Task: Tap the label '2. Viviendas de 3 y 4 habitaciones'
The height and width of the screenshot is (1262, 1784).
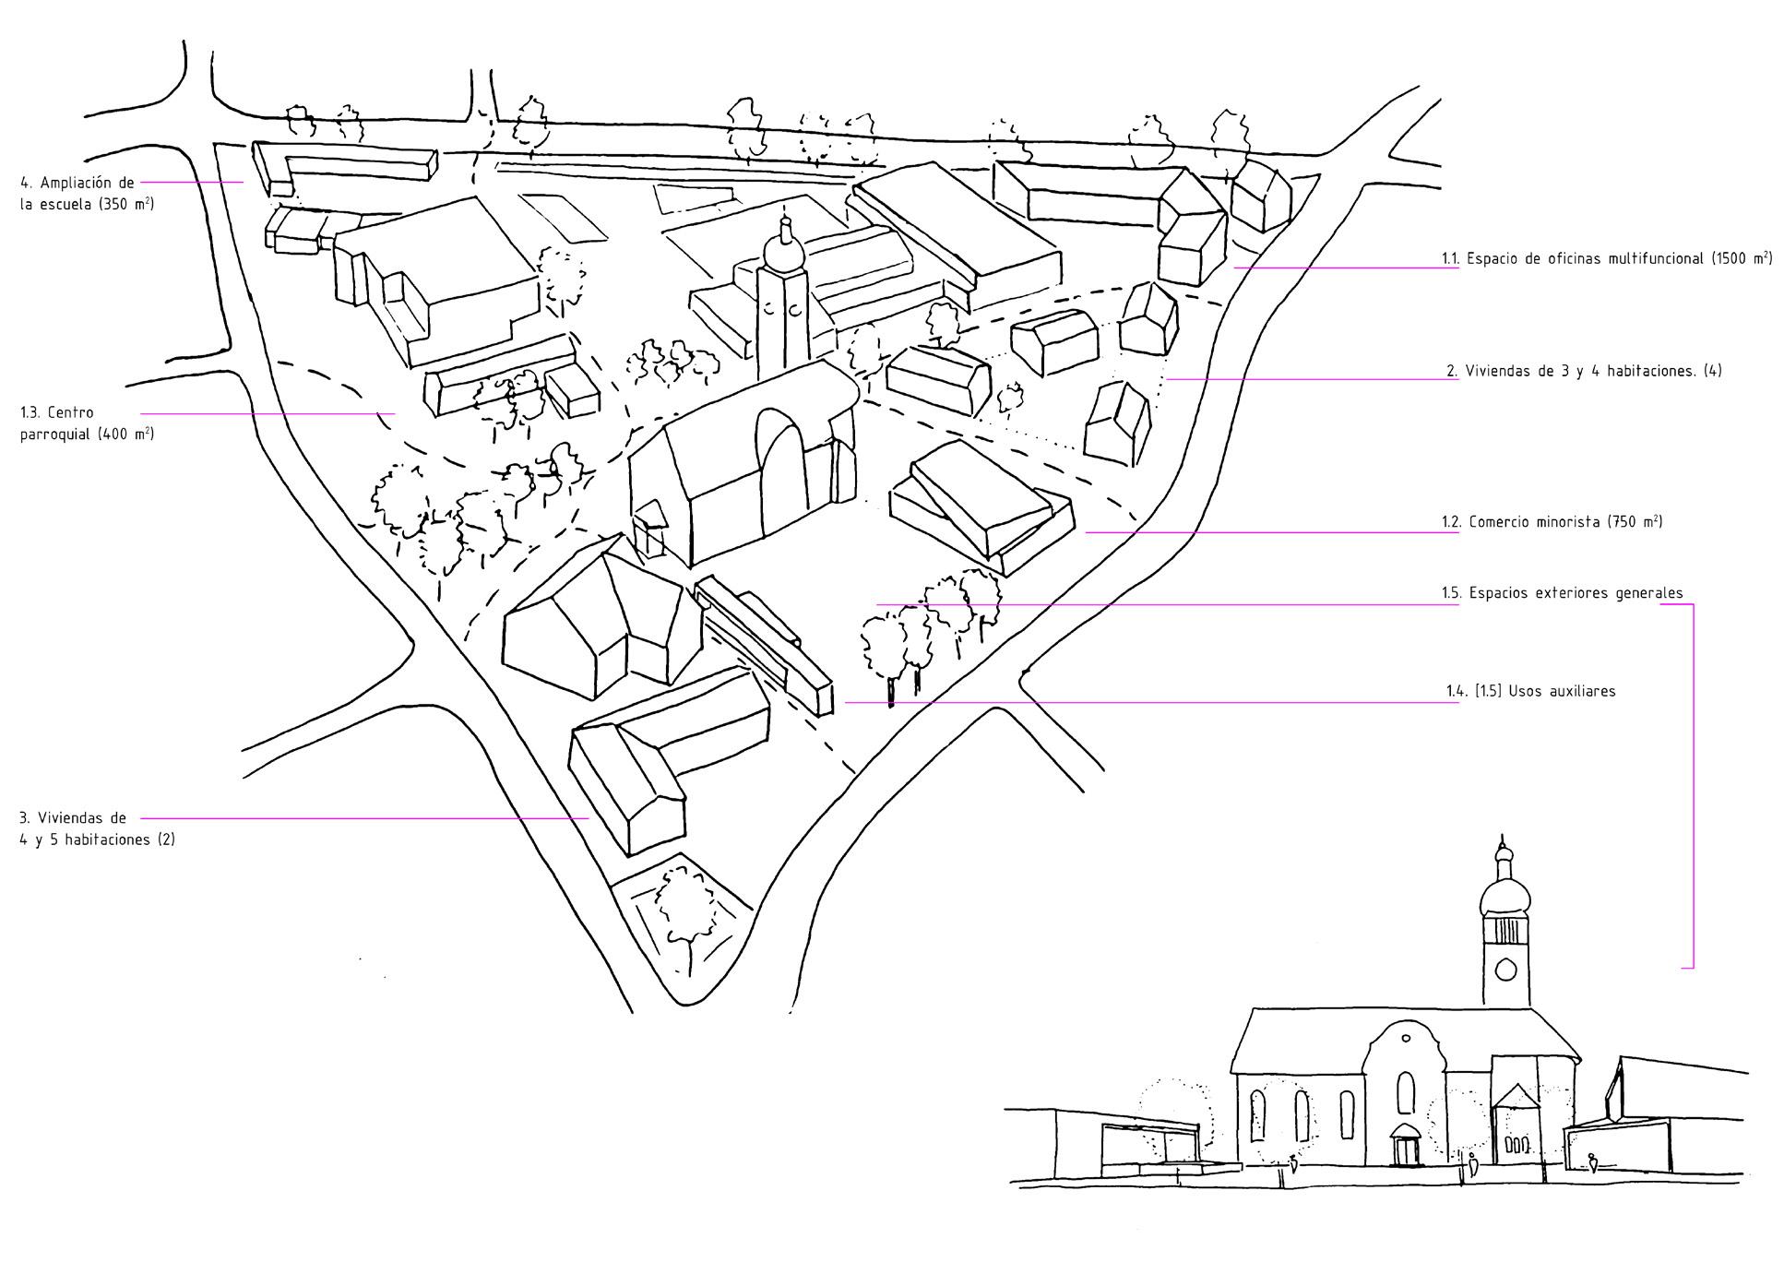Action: [1584, 371]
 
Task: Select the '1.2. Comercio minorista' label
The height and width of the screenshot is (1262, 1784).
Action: [1552, 522]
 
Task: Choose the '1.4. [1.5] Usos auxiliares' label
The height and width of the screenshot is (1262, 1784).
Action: [1530, 691]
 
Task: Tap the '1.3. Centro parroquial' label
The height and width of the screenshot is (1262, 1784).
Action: [86, 423]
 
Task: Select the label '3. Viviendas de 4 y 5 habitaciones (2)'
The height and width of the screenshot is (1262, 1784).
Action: [96, 828]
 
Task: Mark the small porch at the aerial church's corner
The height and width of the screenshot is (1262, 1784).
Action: [650, 528]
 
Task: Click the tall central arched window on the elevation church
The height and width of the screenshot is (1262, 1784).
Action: [1406, 1092]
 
